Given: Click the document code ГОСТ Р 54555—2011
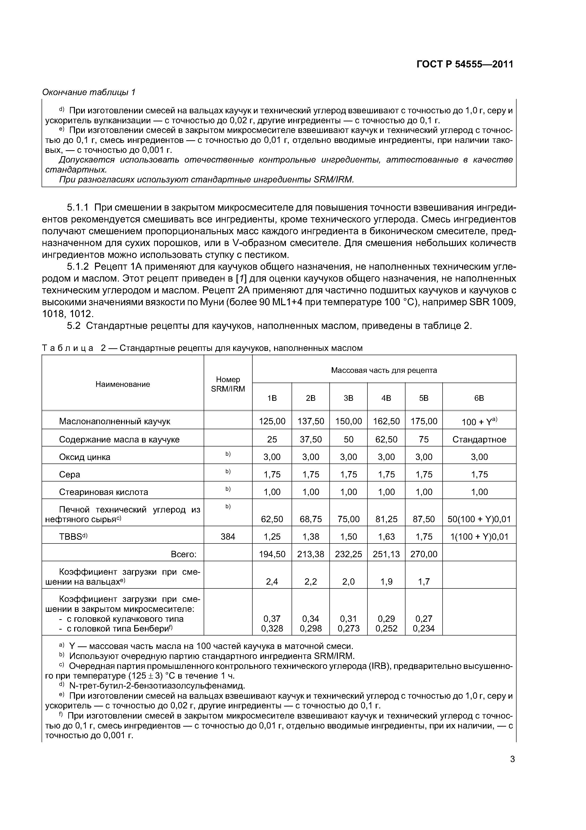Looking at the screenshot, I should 465,65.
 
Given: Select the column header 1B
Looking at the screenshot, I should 272,398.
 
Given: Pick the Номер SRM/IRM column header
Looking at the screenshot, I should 228,384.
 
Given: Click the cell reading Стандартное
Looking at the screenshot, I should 479,440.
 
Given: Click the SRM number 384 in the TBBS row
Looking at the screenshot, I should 228,537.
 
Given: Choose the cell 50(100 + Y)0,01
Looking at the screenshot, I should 479,520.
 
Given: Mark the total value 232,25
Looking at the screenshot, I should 349,554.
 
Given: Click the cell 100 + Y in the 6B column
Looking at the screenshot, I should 479,422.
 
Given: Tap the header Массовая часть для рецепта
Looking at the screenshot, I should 384,370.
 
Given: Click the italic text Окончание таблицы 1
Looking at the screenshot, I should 88,93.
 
